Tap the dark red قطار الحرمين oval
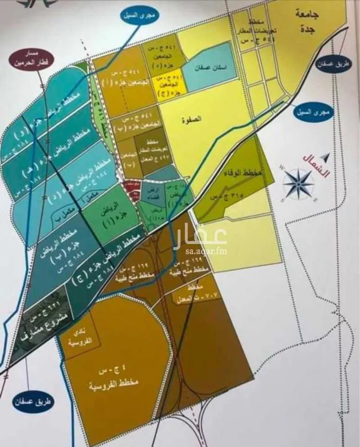click(x=29, y=59)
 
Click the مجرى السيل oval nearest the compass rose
click(x=312, y=113)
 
